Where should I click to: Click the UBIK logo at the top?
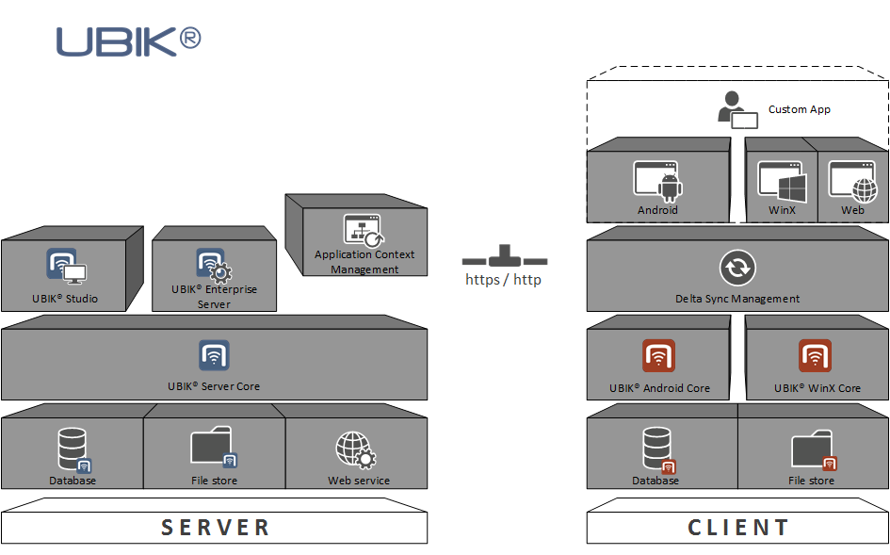pos(128,41)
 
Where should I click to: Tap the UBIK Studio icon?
pos(65,267)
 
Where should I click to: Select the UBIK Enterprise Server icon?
pos(214,265)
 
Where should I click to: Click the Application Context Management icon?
pos(363,230)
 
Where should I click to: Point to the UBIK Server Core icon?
pos(214,355)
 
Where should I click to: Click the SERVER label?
pos(216,527)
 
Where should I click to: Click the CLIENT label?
pos(738,527)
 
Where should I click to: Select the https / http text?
pos(503,280)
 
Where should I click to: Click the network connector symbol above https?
pos(505,256)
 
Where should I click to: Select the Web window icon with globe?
pos(851,179)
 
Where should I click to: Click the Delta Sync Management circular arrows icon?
pos(736,268)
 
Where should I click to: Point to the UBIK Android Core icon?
pos(659,356)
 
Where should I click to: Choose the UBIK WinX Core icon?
pos(816,356)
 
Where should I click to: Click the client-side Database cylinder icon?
pos(657,449)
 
